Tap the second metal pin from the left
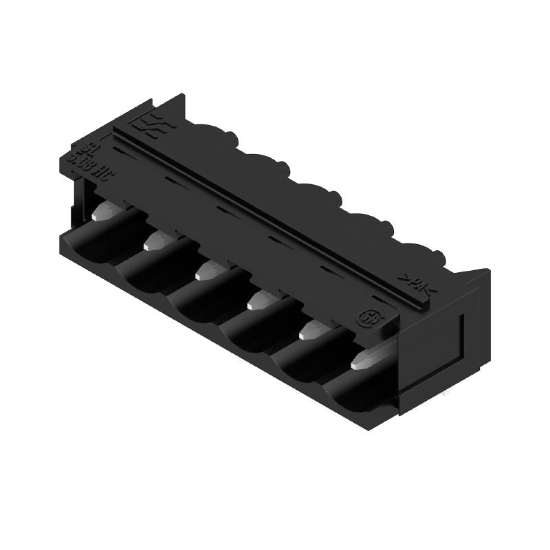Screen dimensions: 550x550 157,241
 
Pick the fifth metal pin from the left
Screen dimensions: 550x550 312,331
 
